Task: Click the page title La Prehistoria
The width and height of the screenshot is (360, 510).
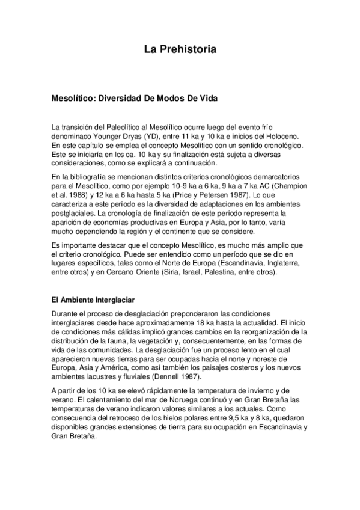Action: [180, 49]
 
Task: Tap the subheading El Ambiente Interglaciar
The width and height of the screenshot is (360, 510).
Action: [93, 300]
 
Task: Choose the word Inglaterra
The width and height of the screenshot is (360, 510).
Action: [286, 263]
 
